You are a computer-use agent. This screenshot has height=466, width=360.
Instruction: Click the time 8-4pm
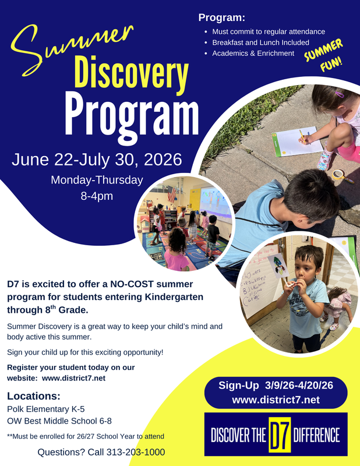pyautogui.click(x=97, y=196)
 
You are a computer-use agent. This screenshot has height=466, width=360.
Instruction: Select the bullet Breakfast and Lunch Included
pyautogui.click(x=260, y=43)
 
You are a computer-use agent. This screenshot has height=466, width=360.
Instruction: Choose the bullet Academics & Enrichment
pyautogui.click(x=253, y=54)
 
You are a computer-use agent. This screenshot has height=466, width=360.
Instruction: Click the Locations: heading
pyautogui.click(x=34, y=396)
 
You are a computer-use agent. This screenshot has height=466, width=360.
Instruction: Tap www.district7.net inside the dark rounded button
pyautogui.click(x=276, y=400)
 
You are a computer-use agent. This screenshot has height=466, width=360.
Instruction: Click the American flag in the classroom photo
pyautogui.click(x=171, y=194)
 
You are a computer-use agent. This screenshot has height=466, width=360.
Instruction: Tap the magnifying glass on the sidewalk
pyautogui.click(x=339, y=175)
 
